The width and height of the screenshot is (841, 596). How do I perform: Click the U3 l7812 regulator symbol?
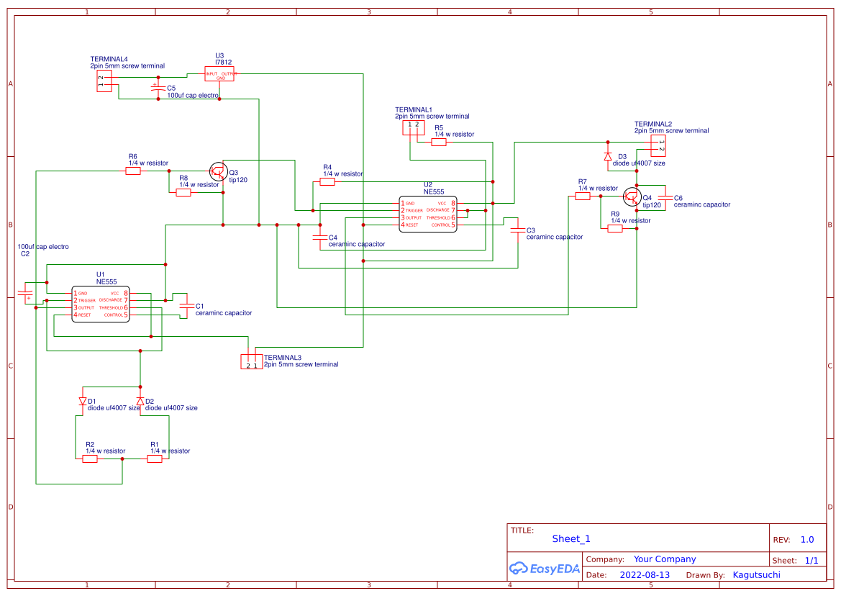220,74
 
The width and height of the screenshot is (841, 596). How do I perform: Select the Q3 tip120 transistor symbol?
219,171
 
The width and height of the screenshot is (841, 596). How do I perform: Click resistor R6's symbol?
133,171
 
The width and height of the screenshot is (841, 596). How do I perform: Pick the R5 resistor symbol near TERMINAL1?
439,142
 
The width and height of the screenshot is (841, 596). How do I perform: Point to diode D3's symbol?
607,156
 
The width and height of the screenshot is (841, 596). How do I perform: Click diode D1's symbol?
82,401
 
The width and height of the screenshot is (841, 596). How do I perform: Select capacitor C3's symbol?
517,231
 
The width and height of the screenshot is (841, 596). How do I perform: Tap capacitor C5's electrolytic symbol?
155,88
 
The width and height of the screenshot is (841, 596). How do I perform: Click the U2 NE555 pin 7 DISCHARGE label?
437,210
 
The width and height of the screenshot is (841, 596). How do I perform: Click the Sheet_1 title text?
571,539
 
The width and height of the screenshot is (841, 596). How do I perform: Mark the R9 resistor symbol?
614,229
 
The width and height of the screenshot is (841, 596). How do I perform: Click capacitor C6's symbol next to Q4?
665,197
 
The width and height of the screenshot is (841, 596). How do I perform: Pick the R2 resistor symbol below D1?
90,459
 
